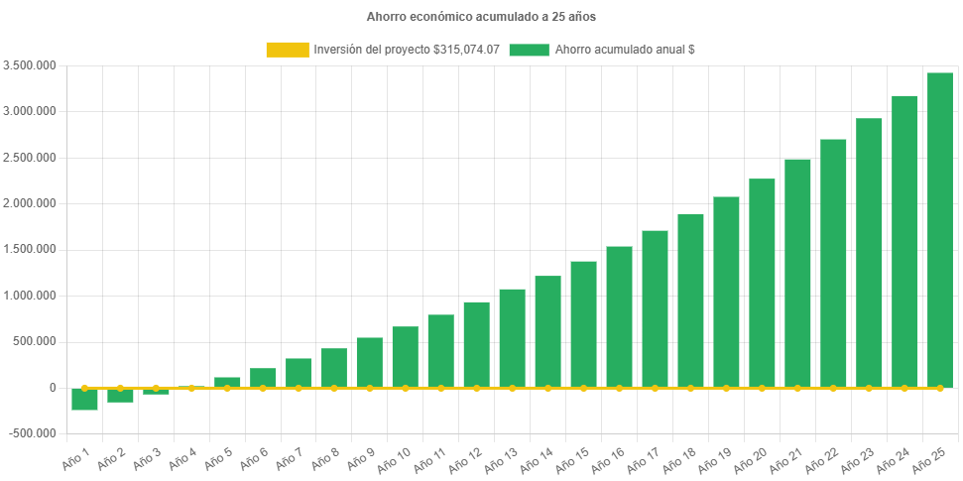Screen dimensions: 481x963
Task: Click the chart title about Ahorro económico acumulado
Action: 481,17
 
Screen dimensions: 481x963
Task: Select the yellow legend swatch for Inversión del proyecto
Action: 287,50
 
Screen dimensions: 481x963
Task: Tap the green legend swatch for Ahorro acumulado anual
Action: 529,50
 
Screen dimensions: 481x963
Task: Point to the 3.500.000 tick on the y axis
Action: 30,65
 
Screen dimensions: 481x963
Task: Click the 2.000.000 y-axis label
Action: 30,203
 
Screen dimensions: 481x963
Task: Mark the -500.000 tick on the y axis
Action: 32,433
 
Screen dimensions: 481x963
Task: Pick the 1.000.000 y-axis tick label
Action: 30,296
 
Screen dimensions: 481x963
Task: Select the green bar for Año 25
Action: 940,229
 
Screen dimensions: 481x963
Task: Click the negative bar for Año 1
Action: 84,399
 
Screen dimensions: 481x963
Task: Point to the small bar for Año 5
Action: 227,382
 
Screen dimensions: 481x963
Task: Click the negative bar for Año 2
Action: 120,395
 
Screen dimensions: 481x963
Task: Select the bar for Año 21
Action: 797,273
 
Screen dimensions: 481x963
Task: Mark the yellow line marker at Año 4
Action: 191,388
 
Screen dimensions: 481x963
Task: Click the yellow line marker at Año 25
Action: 940,388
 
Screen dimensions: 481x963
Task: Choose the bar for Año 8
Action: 334,367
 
